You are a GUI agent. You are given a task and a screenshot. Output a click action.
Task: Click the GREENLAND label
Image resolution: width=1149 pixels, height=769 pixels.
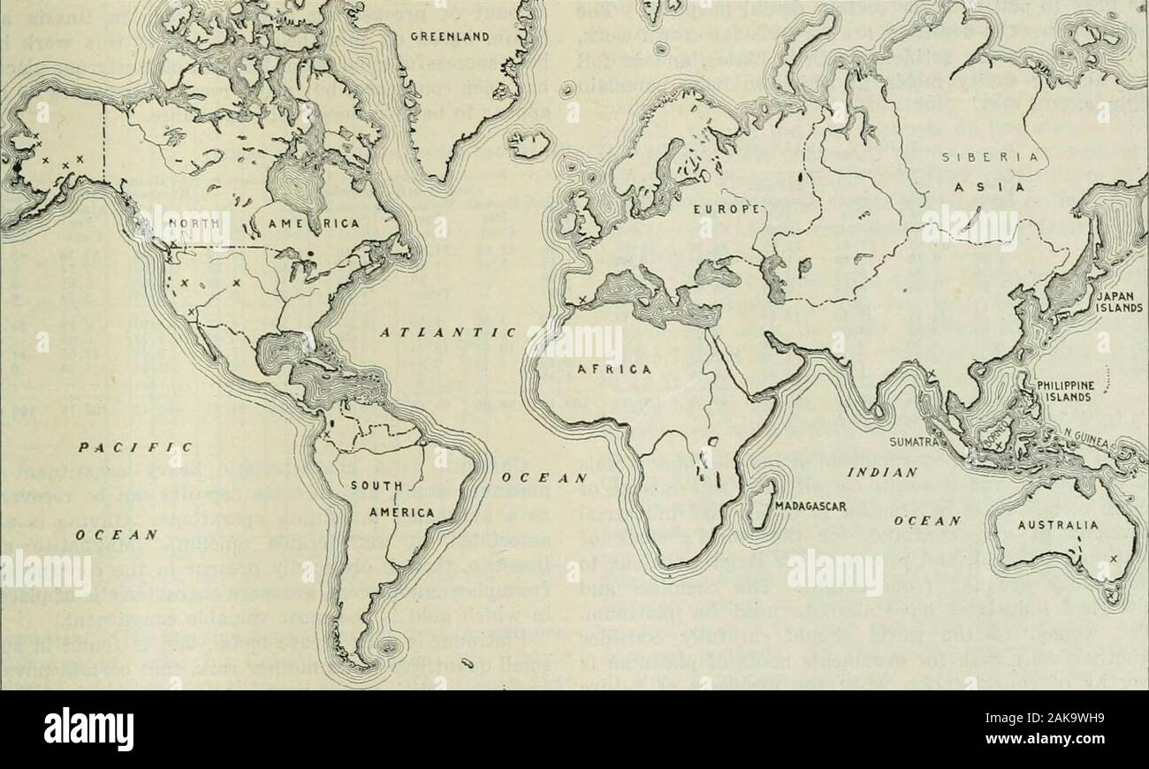453,36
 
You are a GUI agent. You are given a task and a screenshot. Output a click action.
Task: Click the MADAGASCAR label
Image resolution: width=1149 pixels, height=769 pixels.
810,506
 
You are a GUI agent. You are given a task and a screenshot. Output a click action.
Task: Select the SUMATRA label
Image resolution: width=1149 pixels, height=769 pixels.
914,440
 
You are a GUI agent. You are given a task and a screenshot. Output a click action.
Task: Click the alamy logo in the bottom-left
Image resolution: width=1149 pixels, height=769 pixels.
88,729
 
